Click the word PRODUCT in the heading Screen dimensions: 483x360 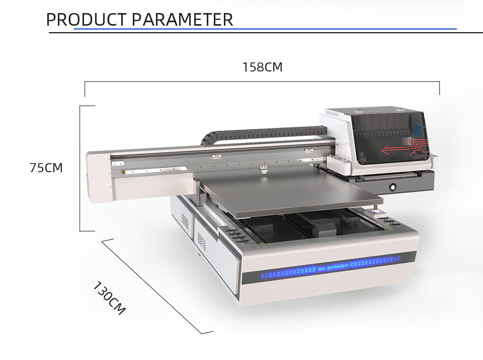tap(86, 20)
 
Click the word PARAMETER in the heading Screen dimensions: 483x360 tap(182, 20)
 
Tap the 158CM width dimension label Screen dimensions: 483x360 tap(263, 67)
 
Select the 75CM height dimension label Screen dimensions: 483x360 tap(46, 168)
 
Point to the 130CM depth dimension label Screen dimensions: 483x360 tap(109, 298)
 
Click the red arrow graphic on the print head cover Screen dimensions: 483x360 tap(404, 148)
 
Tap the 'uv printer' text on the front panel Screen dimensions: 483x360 tap(333, 267)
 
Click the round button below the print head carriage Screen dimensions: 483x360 tap(393, 187)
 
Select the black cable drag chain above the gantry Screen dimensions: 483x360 tap(262, 133)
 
